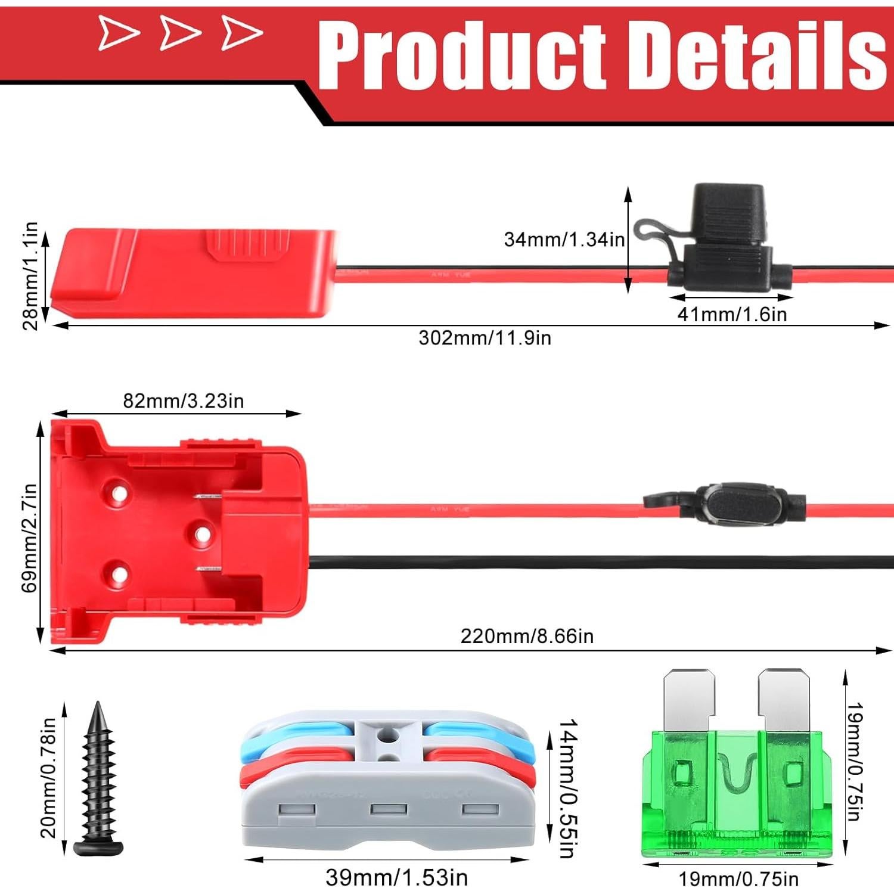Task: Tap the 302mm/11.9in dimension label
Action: tap(485, 338)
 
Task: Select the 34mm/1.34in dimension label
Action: tap(564, 240)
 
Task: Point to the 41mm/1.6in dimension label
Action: tap(732, 314)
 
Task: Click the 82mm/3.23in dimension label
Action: tap(184, 401)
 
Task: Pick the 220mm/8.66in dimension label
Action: tap(527, 637)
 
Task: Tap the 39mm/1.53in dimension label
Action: tap(396, 877)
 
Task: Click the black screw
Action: tap(98, 781)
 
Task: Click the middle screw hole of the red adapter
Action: tap(203, 534)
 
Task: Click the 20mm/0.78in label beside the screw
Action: tap(48, 777)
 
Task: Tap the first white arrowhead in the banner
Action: tap(117, 33)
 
